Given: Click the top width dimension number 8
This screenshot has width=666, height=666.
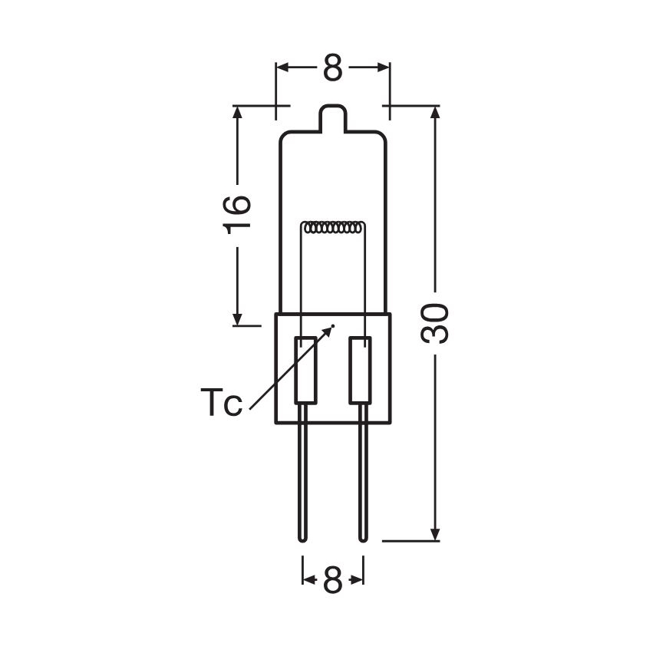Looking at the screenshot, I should click(332, 68).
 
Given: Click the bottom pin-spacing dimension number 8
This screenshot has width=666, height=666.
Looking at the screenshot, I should click(332, 579).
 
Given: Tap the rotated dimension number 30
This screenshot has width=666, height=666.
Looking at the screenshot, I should click(436, 323).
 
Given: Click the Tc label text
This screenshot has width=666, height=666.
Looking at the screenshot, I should click(221, 402).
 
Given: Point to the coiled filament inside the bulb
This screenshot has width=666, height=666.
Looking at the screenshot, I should click(333, 228).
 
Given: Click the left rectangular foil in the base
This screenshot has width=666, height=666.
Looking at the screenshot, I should click(305, 370).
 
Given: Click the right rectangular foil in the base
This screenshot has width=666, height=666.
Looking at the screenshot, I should click(360, 370).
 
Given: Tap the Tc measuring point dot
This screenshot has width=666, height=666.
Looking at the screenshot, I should click(334, 326).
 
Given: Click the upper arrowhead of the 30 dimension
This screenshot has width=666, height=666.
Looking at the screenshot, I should click(436, 112).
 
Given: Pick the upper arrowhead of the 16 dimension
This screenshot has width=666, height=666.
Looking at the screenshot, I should click(237, 112).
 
